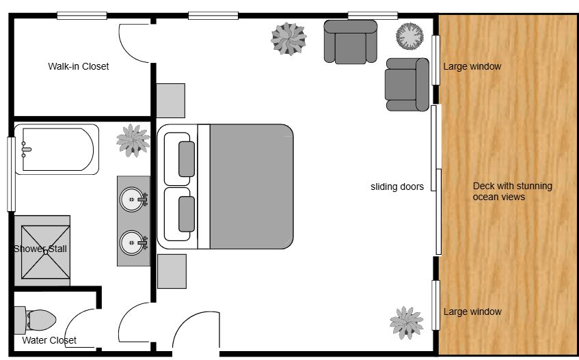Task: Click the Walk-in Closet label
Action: [79, 66]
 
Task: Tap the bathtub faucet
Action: [26, 150]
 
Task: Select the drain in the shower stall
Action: [45, 252]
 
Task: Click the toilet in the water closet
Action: [36, 320]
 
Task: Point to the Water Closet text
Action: [49, 340]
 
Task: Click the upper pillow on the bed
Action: [187, 159]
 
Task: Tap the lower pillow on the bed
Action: [187, 214]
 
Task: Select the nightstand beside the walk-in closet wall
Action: [171, 100]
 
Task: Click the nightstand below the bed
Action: [172, 271]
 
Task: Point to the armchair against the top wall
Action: [351, 42]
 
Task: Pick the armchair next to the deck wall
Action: [407, 85]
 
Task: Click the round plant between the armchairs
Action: [409, 36]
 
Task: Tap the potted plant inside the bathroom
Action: [133, 141]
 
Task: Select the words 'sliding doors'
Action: [397, 186]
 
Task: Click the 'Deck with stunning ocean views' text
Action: [512, 191]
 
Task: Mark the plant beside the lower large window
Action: [407, 322]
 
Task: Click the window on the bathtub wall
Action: [12, 174]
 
